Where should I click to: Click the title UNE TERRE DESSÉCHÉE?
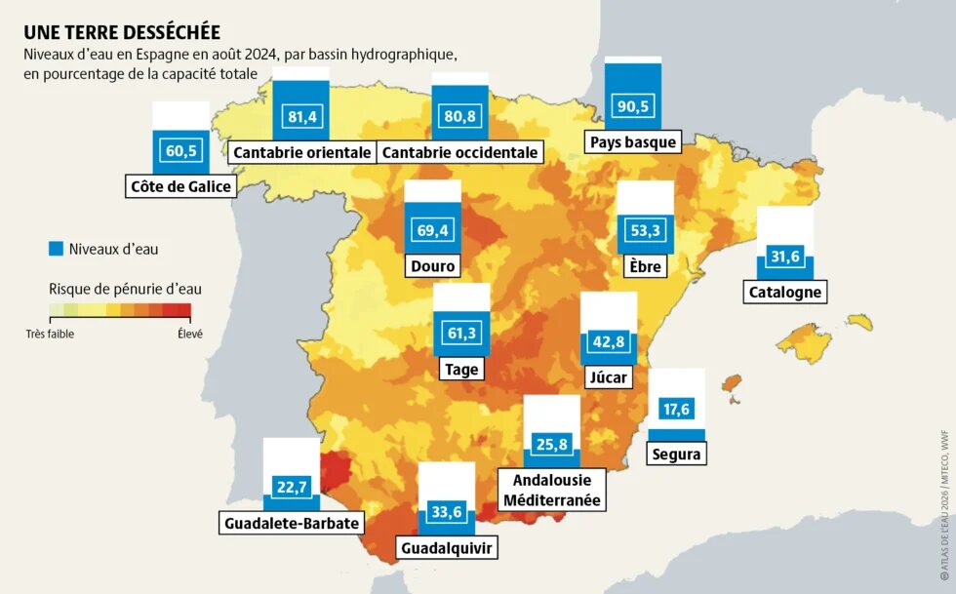122,32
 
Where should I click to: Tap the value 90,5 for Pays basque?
632,106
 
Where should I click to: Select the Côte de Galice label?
181,185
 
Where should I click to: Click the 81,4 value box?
300,117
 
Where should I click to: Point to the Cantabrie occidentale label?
459,152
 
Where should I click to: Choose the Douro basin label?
432,266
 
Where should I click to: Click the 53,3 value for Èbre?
646,231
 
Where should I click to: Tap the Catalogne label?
785,292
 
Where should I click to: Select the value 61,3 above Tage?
461,335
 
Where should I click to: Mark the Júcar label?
610,377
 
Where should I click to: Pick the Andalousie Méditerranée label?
564,491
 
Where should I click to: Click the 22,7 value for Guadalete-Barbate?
292,486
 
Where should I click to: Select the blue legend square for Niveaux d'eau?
56,249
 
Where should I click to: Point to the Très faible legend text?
50,333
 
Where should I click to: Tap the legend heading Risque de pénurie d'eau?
125,289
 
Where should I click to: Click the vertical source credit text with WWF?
943,507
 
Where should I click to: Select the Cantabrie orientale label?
301,152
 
